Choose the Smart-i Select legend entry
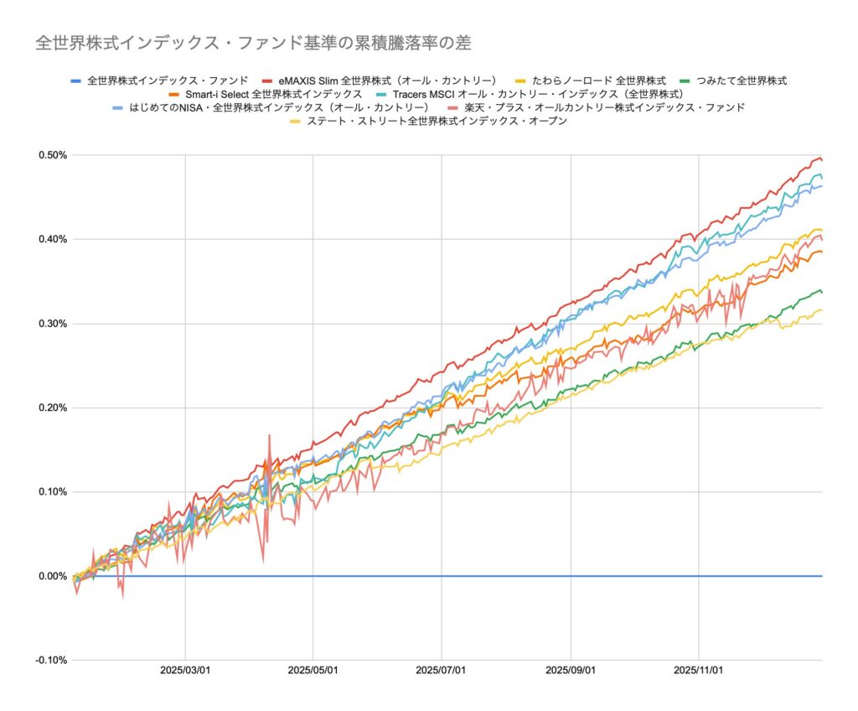[273, 94]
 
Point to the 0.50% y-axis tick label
[52, 155]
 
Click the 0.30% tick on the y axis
[52, 324]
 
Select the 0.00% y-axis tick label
[52, 576]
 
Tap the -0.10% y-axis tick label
[50, 660]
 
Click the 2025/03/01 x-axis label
[184, 671]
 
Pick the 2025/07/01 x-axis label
[442, 671]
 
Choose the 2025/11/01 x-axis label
[699, 671]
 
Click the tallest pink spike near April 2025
[269, 436]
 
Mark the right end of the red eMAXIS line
[821, 159]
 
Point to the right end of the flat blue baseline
[821, 576]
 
